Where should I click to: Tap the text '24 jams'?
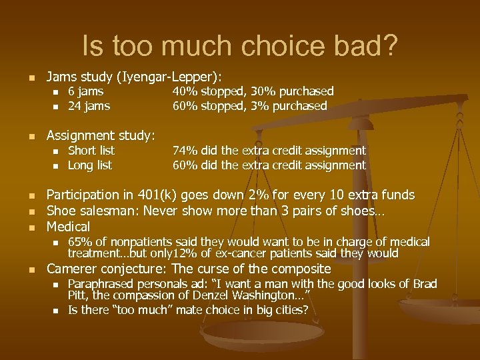pos(89,106)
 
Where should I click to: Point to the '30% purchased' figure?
pos(298,91)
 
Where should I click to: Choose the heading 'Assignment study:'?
pos(100,136)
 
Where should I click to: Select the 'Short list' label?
pos(91,151)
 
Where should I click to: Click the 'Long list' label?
pos(90,165)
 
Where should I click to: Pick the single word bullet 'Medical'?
pos(68,227)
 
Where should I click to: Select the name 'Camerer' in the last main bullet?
pos(74,269)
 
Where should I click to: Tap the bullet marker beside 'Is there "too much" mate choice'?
pos(56,311)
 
